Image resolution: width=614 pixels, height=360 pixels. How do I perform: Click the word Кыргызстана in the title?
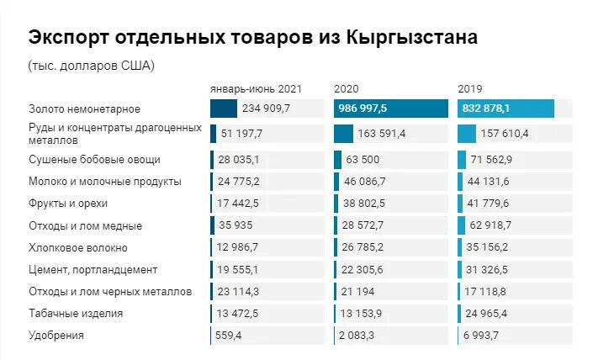412,38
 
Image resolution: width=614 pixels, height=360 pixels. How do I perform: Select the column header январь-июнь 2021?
256,88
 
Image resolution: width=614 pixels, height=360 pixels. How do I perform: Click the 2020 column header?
347,88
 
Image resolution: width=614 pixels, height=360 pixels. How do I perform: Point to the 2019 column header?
470,88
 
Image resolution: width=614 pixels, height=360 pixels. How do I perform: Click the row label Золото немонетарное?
84,109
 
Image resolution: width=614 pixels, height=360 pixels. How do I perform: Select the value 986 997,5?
363,109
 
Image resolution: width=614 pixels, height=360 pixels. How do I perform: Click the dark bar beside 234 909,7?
224,109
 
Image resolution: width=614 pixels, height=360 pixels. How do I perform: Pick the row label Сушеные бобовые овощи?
94,159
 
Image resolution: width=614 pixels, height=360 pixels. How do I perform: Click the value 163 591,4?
382,134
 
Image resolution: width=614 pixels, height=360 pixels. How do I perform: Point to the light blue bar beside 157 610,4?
467,134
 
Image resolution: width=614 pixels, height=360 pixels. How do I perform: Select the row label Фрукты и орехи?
68,204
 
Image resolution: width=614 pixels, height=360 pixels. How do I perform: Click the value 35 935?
236,225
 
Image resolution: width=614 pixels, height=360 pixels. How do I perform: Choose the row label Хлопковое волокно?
78,247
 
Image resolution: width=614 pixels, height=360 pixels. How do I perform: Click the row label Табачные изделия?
76,313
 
